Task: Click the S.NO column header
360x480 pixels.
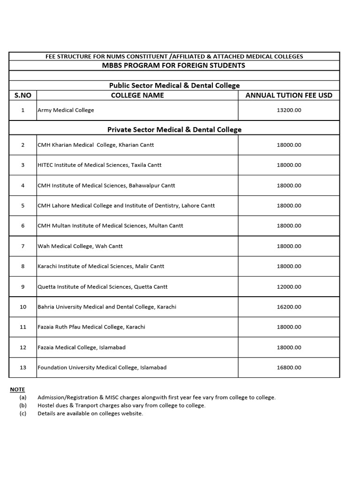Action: coord(22,95)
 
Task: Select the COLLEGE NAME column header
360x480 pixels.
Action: coord(137,95)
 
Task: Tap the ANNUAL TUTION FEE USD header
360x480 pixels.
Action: coord(289,95)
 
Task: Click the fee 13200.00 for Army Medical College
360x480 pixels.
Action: coord(289,110)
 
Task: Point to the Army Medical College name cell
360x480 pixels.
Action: coord(66,110)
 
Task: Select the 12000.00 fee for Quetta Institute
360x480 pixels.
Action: coord(289,286)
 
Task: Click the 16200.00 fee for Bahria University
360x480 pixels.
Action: coord(289,307)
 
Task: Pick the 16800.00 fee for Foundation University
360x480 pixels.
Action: coord(289,367)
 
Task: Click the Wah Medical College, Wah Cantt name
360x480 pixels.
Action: coord(80,246)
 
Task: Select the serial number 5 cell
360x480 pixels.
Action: coord(22,205)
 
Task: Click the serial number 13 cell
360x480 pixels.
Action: coord(22,367)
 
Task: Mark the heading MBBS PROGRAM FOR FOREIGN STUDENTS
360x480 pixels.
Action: coord(173,65)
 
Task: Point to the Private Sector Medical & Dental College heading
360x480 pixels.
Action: coord(174,129)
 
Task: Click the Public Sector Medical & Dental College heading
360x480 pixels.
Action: coord(174,85)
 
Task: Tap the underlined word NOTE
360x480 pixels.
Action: coord(17,390)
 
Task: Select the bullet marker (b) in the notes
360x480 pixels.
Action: coord(23,405)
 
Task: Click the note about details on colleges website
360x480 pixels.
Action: coord(90,413)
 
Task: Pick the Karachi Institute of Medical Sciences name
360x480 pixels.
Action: coord(101,266)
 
